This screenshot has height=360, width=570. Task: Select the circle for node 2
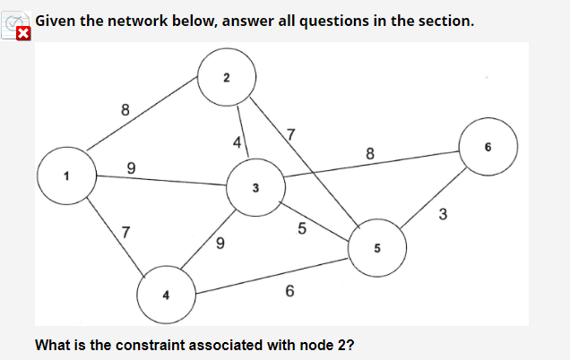(227, 76)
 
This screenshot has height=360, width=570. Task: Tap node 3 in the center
(255, 187)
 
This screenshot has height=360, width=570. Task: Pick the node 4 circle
(165, 294)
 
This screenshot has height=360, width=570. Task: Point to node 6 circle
(489, 148)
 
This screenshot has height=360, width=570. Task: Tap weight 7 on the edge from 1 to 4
(126, 232)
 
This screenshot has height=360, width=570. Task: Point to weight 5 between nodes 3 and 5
(302, 230)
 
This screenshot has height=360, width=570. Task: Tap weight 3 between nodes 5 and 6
(443, 214)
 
